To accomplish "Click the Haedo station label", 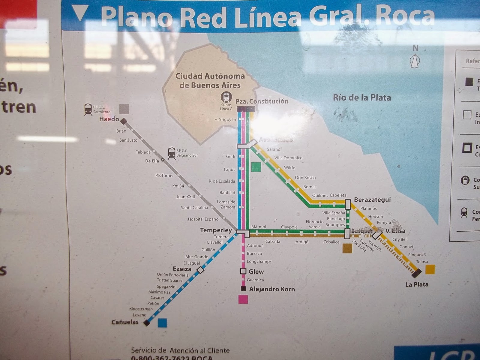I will point(109,119).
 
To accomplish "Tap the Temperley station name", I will point(216,230).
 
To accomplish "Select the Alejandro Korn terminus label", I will point(272,289).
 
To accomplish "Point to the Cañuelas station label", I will point(125,322).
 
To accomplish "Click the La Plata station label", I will point(417,284).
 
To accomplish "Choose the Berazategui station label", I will point(372,200).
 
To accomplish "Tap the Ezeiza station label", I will point(182,269).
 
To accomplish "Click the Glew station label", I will point(256,272).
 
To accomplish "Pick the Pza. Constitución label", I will point(262,101).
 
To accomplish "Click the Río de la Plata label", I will point(362,98).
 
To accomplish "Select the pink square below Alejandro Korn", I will point(243,299).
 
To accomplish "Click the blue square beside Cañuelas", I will point(162,323).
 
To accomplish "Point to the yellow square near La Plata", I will point(430,269).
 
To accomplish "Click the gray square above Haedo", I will point(124,109).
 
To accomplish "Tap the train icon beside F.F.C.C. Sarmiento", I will point(88,109).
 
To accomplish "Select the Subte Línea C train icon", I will point(226,97).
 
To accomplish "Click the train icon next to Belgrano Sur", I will point(172,153).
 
